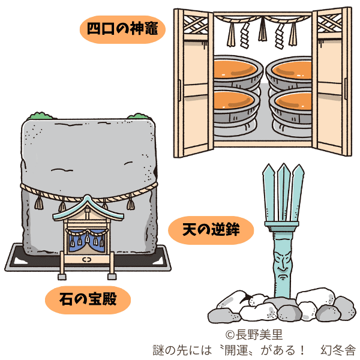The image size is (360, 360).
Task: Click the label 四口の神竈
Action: tap(122, 29)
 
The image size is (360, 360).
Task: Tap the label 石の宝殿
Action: tap(88, 299)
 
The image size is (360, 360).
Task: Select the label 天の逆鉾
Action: tap(211, 229)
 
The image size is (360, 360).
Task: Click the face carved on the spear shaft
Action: tap(283, 265)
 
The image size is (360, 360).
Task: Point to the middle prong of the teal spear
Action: tap(284, 192)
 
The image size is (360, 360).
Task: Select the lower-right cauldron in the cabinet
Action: tap(291, 110)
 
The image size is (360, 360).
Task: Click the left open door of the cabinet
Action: tap(194, 83)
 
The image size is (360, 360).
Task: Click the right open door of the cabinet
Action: tap(332, 82)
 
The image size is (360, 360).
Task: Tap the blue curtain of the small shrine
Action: tap(87, 241)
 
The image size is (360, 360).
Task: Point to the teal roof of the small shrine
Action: tap(88, 208)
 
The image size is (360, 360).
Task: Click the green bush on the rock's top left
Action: tap(40, 116)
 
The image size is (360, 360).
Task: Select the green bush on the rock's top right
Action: tap(139, 116)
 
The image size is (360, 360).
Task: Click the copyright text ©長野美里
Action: tap(254, 335)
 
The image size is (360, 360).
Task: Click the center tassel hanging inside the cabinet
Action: tap(262, 29)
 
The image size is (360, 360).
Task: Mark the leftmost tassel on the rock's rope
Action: tap(39, 202)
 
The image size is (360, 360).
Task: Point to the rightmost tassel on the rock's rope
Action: tap(131, 203)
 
